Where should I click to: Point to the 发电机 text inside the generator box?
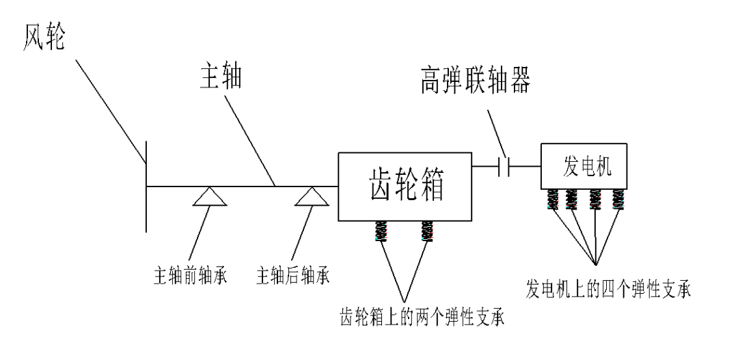tap(584, 166)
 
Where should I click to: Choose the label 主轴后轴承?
tap(292, 278)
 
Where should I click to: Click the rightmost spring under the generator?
tap(619, 199)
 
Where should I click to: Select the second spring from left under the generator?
tap(573, 199)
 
